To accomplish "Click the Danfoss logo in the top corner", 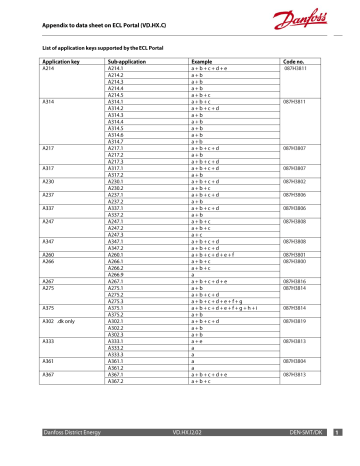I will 317,16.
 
